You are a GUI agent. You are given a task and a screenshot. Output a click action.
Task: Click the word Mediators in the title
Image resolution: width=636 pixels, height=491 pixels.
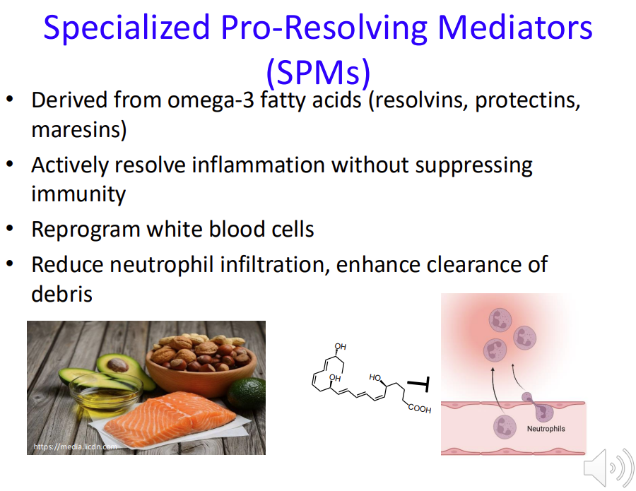515,28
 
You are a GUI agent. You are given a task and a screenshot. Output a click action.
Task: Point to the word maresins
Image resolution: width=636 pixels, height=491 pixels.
78,130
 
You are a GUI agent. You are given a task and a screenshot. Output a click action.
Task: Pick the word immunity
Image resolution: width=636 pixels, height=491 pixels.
78,194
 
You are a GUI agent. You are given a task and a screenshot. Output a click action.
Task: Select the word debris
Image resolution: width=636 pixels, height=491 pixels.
61,293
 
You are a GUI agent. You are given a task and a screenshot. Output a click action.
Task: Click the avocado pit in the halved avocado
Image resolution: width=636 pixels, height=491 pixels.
117,365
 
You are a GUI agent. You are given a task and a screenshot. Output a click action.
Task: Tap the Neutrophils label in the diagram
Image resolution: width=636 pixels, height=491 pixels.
546,429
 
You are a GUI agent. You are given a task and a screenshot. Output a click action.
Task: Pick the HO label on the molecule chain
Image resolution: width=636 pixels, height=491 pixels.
375,378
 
